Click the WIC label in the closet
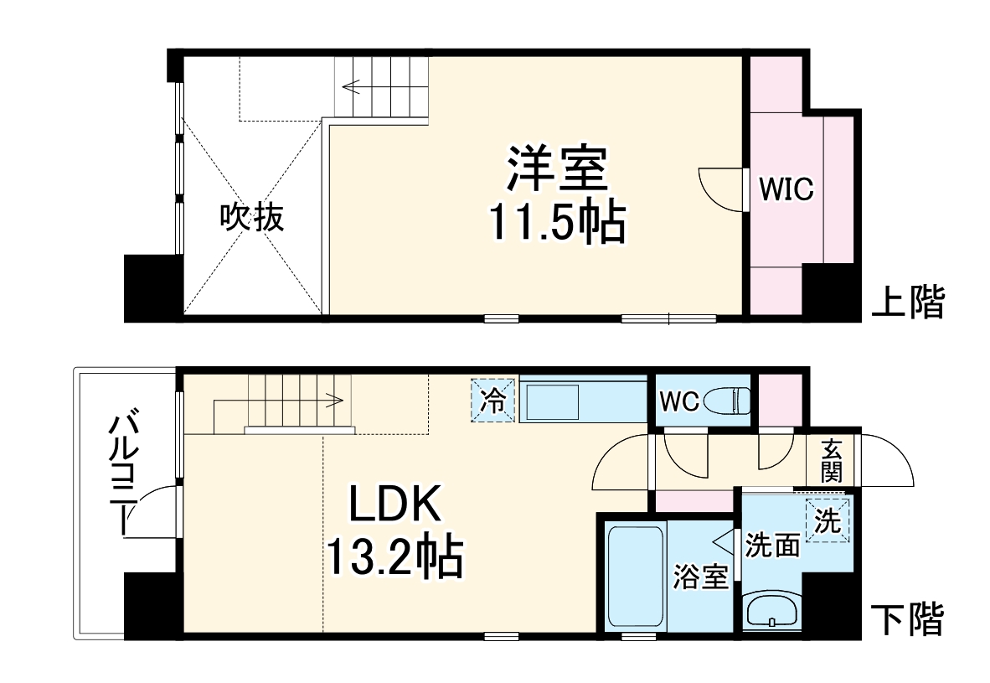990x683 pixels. (786, 189)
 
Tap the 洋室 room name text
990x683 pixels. (554, 170)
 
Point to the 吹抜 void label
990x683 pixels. (251, 218)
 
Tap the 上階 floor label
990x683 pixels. (908, 302)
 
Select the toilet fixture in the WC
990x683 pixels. (728, 401)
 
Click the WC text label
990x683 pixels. (678, 401)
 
